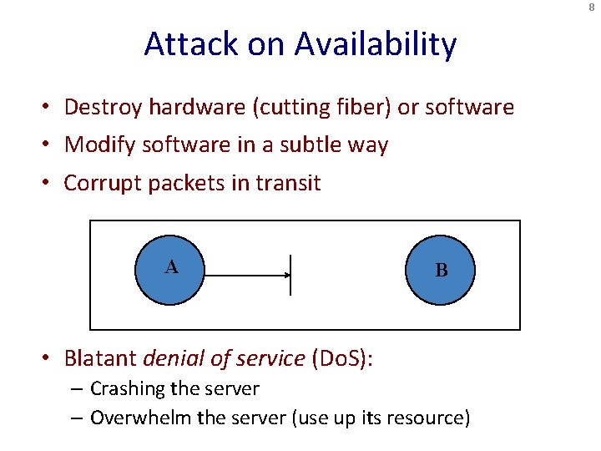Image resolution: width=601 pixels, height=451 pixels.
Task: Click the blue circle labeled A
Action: click(x=170, y=269)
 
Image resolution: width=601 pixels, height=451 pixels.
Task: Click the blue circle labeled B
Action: click(x=441, y=271)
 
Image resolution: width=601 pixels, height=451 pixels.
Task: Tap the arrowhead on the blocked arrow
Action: click(x=285, y=274)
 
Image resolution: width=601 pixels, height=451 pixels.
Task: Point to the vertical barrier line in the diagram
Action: click(x=290, y=274)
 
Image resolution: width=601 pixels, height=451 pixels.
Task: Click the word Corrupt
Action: click(x=103, y=183)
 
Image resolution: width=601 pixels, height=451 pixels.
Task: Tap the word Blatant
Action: click(x=101, y=358)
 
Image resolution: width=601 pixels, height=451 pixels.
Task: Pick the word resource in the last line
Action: click(x=430, y=418)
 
